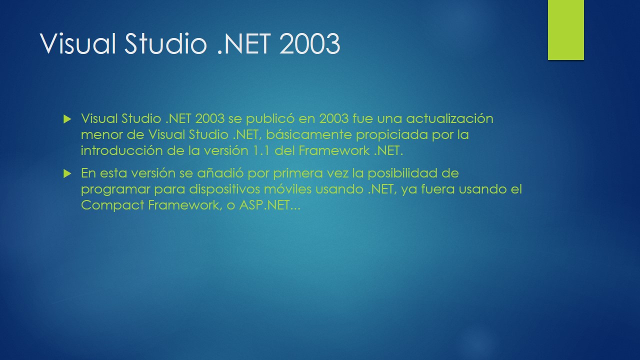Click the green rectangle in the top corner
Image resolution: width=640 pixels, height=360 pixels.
tap(565, 30)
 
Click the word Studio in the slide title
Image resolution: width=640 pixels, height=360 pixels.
tap(165, 44)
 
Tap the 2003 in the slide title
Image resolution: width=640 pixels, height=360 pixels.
tap(309, 44)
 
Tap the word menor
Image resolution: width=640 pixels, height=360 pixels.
tap(100, 135)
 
